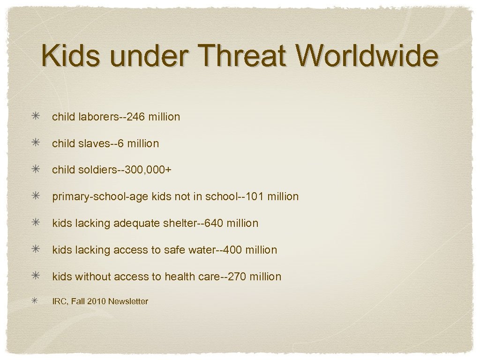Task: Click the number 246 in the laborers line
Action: pyautogui.click(x=136, y=117)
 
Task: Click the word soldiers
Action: pyautogui.click(x=91, y=170)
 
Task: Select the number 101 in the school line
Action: pyautogui.click(x=255, y=196)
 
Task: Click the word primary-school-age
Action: pyautogui.click(x=100, y=197)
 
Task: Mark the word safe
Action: pyautogui.click(x=174, y=250)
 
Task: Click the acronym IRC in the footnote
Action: pyautogui.click(x=59, y=301)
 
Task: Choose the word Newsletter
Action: pyautogui.click(x=128, y=301)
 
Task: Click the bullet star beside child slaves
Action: pyautogui.click(x=36, y=143)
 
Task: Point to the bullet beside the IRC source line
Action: pyautogui.click(x=36, y=301)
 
